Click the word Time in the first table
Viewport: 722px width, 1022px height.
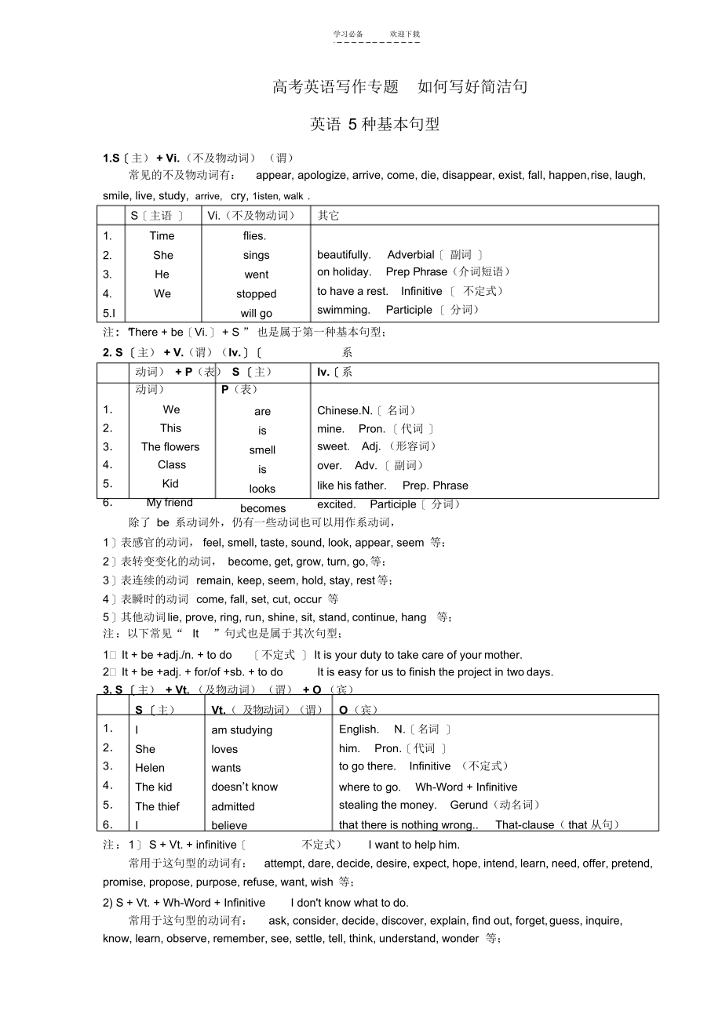coord(162,235)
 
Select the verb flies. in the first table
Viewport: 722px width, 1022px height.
coord(254,235)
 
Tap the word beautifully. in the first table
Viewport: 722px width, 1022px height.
coord(344,254)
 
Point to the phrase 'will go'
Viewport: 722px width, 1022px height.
coord(256,314)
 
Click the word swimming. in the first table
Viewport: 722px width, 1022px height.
coord(343,310)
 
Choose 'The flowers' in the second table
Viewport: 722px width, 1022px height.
coord(170,447)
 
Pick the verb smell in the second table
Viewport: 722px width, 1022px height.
coord(262,450)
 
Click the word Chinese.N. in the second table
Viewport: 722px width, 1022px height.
coord(345,410)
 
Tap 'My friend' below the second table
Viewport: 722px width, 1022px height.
coord(170,503)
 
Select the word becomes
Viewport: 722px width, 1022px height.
coord(263,508)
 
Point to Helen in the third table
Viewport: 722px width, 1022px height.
coord(150,768)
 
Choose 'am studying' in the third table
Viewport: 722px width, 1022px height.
coord(242,730)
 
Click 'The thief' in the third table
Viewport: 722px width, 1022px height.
coord(157,806)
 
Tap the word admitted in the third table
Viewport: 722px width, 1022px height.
coord(233,806)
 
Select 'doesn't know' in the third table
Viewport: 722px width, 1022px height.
coord(244,787)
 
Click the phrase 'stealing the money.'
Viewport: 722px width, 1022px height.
coord(388,805)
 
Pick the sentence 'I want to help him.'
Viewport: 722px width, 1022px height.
coord(414,845)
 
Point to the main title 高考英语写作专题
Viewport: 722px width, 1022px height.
coord(336,87)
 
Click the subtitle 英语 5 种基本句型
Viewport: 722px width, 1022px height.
coord(374,124)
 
